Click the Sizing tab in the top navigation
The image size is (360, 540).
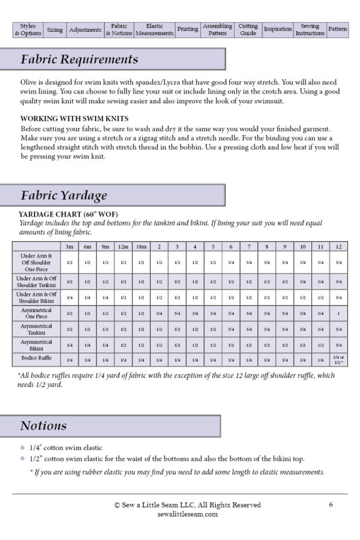pyautogui.click(x=55, y=30)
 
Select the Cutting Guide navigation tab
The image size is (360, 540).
pyautogui.click(x=248, y=30)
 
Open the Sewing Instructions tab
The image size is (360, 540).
pyautogui.click(x=310, y=30)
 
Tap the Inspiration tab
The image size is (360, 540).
pyautogui.click(x=278, y=30)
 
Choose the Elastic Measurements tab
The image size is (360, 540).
pyautogui.click(x=154, y=30)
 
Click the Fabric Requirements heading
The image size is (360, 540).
pyautogui.click(x=79, y=60)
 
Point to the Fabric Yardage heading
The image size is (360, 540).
pyautogui.click(x=64, y=196)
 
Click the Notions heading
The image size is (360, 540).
pyautogui.click(x=43, y=426)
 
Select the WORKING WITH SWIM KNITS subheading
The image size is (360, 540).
pyautogui.click(x=74, y=119)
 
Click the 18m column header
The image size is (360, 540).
pyautogui.click(x=141, y=247)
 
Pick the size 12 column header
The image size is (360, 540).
pyautogui.click(x=339, y=247)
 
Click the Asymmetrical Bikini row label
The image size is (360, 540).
pyautogui.click(x=36, y=344)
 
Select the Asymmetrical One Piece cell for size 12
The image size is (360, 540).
pyautogui.click(x=339, y=313)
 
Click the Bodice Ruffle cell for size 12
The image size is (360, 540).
pyautogui.click(x=339, y=359)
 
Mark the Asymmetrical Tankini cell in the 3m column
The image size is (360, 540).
pyautogui.click(x=70, y=329)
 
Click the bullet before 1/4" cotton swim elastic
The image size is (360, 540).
pyautogui.click(x=23, y=448)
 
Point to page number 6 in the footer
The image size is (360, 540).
pyautogui.click(x=331, y=505)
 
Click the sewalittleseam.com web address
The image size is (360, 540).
pyautogui.click(x=179, y=514)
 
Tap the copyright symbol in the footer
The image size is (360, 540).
pyautogui.click(x=117, y=505)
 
